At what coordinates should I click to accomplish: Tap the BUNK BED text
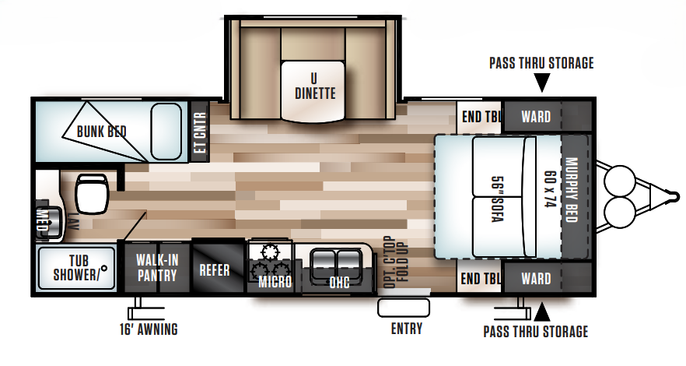[x=101, y=131]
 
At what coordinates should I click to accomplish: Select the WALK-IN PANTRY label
[x=156, y=267]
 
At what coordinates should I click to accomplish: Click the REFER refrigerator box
[x=214, y=270]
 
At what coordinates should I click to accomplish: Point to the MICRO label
[x=275, y=281]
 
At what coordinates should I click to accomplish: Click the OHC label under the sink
[x=338, y=282]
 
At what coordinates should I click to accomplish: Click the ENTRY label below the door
[x=407, y=329]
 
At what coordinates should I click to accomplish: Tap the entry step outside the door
[x=404, y=307]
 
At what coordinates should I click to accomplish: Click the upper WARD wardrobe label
[x=536, y=118]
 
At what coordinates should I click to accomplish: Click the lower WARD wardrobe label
[x=536, y=278]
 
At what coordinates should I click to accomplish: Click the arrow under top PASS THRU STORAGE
[x=542, y=81]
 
